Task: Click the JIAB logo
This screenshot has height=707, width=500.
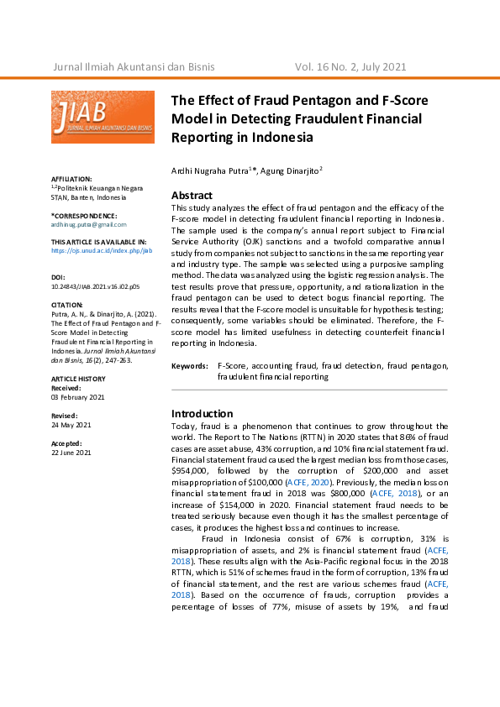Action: pyautogui.click(x=103, y=116)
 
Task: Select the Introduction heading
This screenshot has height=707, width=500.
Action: pyautogui.click(x=202, y=413)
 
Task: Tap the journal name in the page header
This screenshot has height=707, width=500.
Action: pyautogui.click(x=134, y=66)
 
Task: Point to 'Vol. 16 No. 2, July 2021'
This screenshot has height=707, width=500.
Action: pyautogui.click(x=350, y=66)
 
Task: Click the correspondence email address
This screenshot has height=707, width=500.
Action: pyautogui.click(x=88, y=224)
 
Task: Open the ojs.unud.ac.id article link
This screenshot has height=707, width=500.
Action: pyautogui.click(x=101, y=250)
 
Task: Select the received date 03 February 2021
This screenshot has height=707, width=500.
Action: pyautogui.click(x=78, y=397)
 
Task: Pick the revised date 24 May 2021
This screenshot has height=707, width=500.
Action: pyautogui.click(x=71, y=424)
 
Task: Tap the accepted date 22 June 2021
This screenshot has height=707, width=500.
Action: pyautogui.click(x=72, y=452)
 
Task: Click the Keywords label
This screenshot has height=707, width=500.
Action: pyautogui.click(x=190, y=367)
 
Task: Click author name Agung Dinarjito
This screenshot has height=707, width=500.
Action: pyautogui.click(x=288, y=170)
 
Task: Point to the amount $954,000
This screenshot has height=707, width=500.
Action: pyautogui.click(x=194, y=471)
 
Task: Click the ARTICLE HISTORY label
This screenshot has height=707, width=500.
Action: pyautogui.click(x=78, y=379)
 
